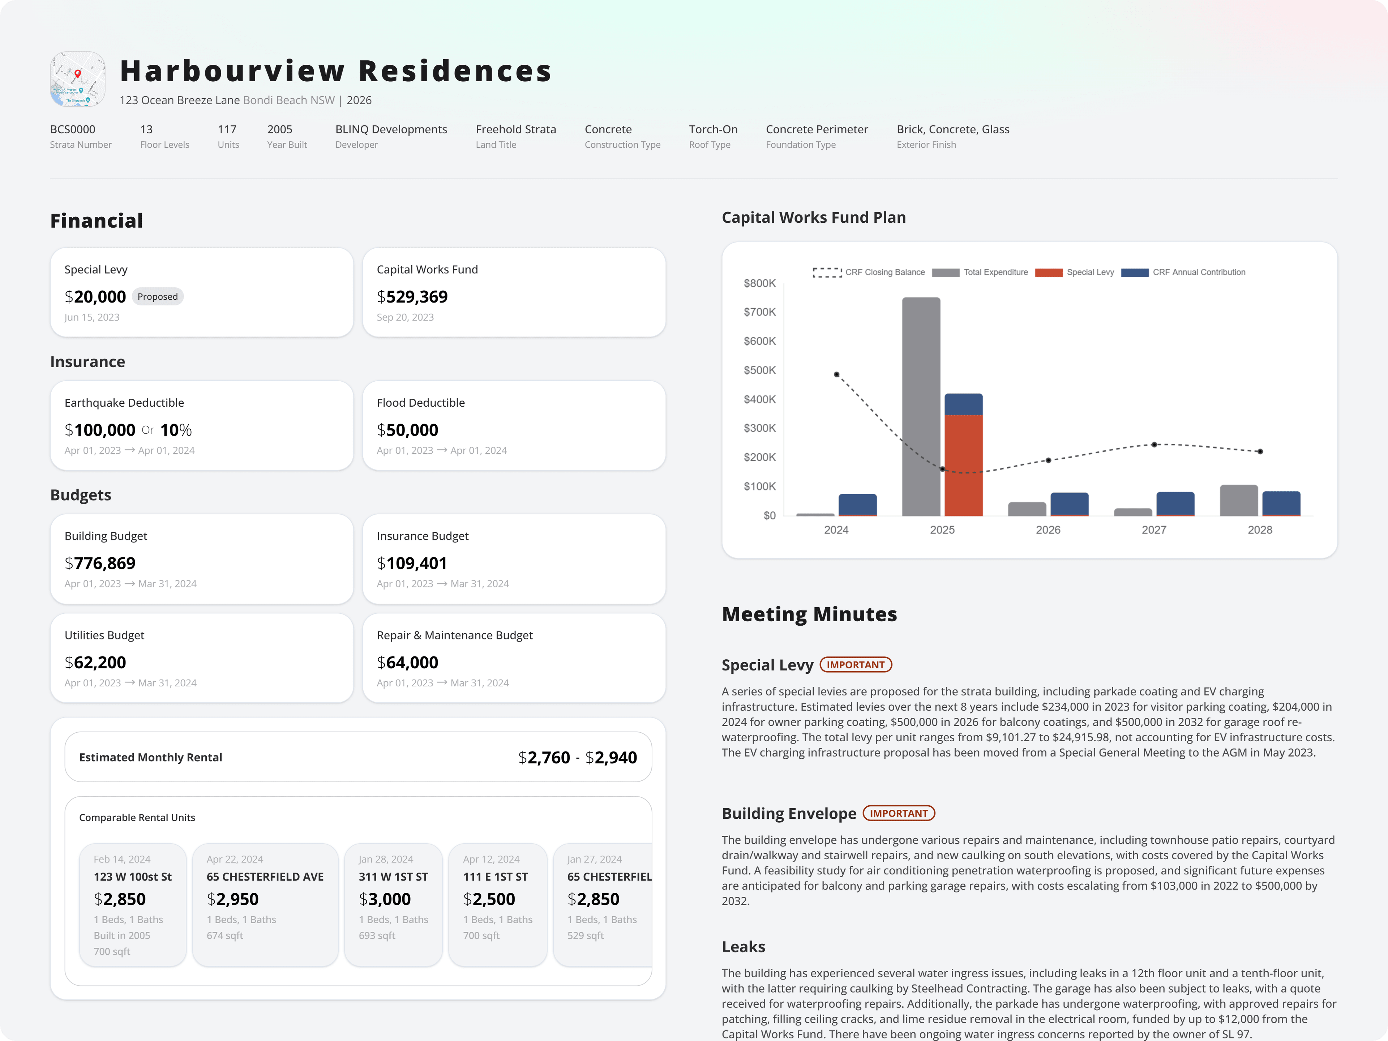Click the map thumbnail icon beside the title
[78, 79]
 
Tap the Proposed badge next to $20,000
[158, 297]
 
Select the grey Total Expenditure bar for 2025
[921, 407]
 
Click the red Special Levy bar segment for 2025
[964, 465]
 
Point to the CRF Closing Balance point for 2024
[836, 374]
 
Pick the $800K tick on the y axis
[760, 284]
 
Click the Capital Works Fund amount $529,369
[412, 297]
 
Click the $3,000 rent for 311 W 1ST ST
[385, 899]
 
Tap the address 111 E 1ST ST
[496, 877]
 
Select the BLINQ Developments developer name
[391, 129]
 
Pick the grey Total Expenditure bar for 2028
[1239, 501]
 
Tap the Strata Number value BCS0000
[73, 129]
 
